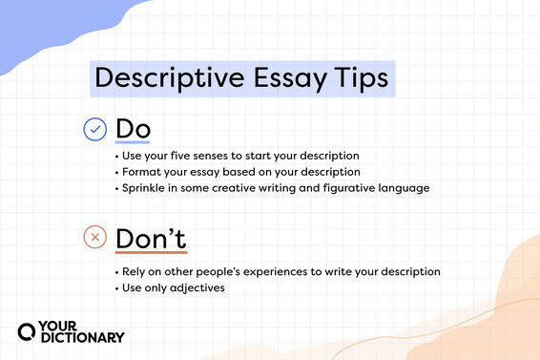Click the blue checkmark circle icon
[x=94, y=128]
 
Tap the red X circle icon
[x=94, y=237]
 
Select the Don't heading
[x=150, y=237]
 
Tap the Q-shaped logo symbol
[x=28, y=330]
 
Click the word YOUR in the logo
[x=62, y=324]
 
